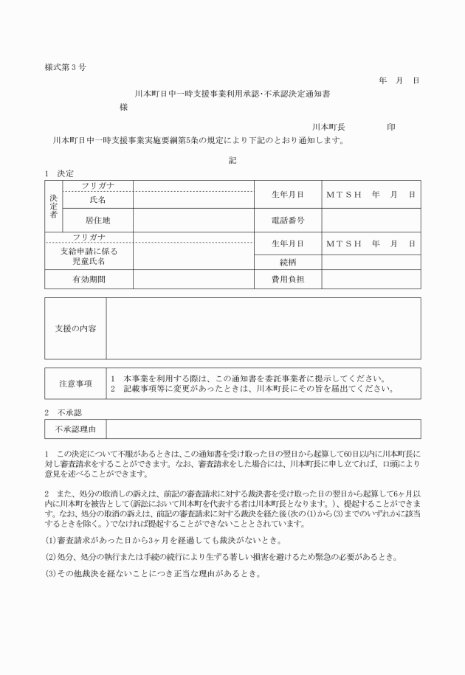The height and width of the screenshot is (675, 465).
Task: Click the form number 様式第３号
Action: (66, 67)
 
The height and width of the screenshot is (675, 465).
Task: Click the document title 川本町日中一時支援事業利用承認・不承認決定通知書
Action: (232, 94)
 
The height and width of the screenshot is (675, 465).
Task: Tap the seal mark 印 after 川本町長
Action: (391, 128)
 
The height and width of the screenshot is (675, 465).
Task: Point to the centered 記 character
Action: (232, 160)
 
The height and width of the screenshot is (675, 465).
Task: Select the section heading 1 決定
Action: (60, 173)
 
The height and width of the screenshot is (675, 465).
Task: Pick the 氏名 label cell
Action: (98, 200)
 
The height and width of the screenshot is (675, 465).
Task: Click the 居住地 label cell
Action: (98, 220)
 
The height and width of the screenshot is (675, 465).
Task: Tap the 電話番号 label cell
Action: (287, 220)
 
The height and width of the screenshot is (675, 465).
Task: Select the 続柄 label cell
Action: (287, 261)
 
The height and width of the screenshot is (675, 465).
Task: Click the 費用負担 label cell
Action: (287, 280)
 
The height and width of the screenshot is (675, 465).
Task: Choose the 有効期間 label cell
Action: (89, 280)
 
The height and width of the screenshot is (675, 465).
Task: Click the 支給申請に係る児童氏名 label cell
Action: (89, 256)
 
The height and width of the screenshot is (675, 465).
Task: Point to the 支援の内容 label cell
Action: (76, 328)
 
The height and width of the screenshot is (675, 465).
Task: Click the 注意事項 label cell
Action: (76, 384)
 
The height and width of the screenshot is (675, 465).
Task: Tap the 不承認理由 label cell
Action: (76, 429)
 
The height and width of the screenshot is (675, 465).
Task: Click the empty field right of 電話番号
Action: (371, 220)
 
